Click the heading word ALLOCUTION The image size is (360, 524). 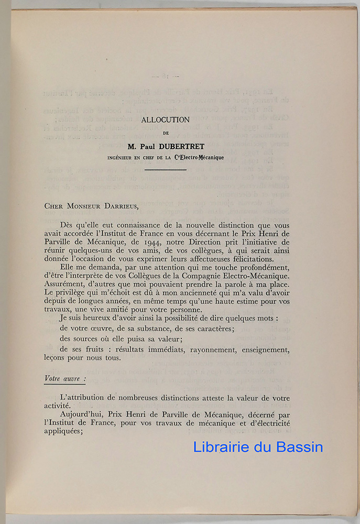pyautogui.click(x=166, y=120)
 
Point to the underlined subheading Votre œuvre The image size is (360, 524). pyautogui.click(x=65, y=377)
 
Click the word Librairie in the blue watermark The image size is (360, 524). pyautogui.click(x=222, y=447)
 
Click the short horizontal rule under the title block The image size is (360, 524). pyautogui.click(x=166, y=169)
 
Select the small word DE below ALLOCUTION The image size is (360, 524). pyautogui.click(x=166, y=133)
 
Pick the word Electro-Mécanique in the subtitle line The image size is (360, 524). pyautogui.click(x=202, y=157)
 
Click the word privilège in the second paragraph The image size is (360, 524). pyautogui.click(x=70, y=292)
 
